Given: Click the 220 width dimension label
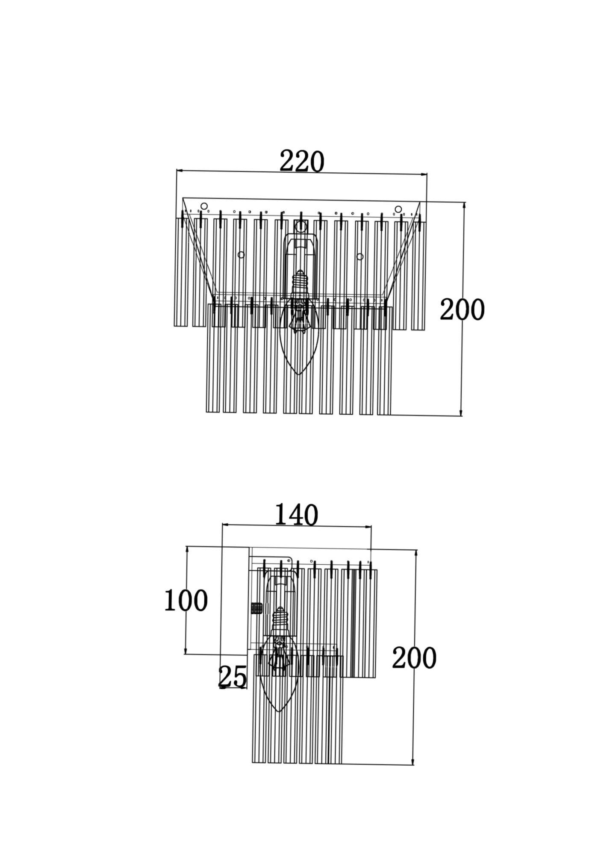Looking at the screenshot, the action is click(302, 162).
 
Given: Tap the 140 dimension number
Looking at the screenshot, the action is click(296, 515).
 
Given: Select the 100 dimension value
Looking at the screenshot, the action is click(186, 601).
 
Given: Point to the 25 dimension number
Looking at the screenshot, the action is click(233, 677).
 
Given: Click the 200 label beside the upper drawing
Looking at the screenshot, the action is click(462, 310).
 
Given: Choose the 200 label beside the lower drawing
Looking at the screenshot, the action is click(414, 658).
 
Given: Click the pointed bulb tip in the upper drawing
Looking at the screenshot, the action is click(298, 374).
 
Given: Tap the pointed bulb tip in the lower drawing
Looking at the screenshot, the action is click(279, 711).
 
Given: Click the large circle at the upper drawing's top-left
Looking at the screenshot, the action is click(204, 206).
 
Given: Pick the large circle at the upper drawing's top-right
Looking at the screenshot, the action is click(398, 209).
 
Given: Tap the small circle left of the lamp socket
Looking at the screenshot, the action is click(241, 255).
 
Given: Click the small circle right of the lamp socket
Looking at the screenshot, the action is click(360, 256).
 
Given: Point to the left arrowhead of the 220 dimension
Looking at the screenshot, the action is click(180, 171).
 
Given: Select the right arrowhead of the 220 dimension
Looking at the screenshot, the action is click(424, 174).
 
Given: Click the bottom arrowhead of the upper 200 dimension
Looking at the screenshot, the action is click(461, 412).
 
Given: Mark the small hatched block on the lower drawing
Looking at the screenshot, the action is click(256, 608).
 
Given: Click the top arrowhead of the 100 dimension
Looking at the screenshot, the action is click(187, 550).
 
